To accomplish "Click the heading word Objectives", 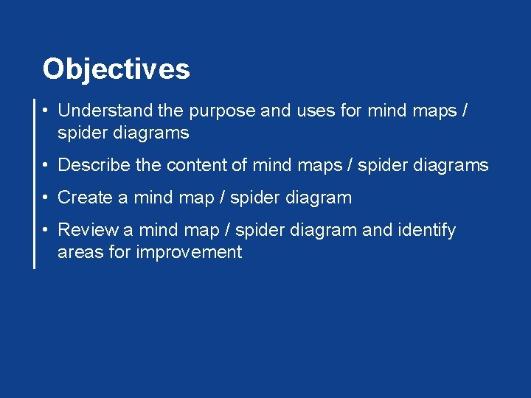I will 116,69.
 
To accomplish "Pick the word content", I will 196,165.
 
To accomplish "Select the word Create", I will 85,198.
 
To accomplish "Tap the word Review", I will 88,230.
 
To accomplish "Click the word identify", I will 427,230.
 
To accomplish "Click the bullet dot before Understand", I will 46,111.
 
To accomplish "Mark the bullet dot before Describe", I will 46,165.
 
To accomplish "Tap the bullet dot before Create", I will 46,198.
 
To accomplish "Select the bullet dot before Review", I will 46,230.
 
